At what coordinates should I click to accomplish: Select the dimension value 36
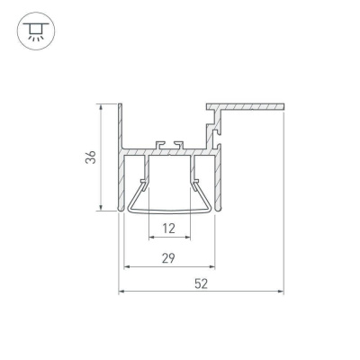[x=89, y=157]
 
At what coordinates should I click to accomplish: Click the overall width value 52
[x=201, y=283]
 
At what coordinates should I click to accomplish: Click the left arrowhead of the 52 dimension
[x=122, y=292]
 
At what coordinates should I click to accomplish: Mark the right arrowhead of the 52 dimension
[x=281, y=292]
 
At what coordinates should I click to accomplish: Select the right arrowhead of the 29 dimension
[x=213, y=267]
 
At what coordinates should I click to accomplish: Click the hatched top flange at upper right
[x=247, y=107]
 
